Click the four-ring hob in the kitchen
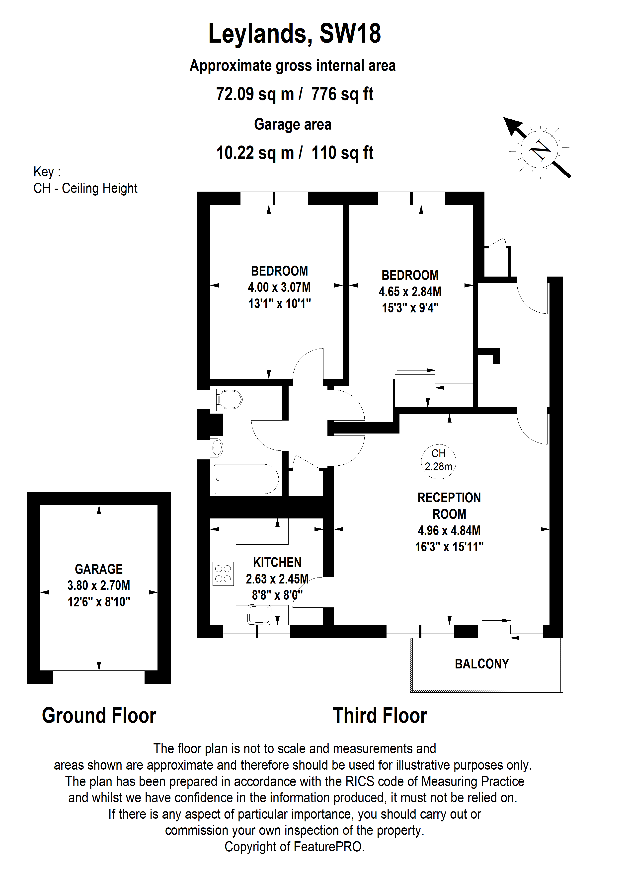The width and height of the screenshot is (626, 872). [x=223, y=574]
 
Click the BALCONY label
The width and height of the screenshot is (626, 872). [x=482, y=664]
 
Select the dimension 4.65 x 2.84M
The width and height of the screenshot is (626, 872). [x=410, y=291]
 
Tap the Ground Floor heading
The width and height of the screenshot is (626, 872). [x=99, y=716]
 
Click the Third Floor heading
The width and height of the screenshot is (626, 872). [x=380, y=716]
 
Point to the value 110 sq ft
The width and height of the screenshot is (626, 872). [x=342, y=153]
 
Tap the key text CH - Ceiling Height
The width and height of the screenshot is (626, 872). [x=85, y=188]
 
